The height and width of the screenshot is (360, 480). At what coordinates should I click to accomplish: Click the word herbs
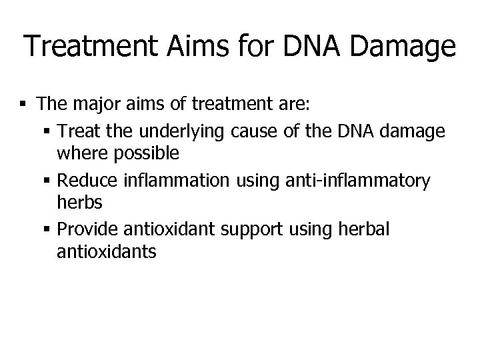(x=75, y=203)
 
